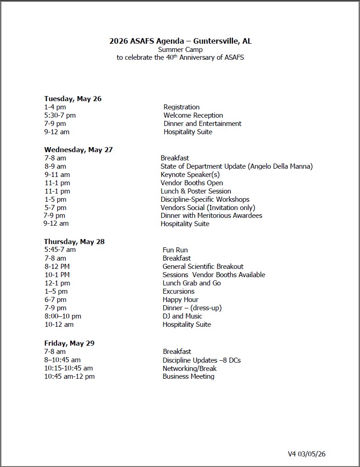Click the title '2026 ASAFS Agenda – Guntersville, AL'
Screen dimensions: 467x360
point(180,41)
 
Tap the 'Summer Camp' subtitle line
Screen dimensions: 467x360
point(180,50)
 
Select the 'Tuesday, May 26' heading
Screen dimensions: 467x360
point(73,98)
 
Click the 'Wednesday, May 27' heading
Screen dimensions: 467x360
point(78,149)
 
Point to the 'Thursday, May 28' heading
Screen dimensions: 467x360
point(74,241)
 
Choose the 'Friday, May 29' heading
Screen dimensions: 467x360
point(69,343)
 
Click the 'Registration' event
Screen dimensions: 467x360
point(181,107)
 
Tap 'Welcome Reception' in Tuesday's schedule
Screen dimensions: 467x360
point(193,115)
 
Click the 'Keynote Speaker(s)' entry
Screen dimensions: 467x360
point(190,175)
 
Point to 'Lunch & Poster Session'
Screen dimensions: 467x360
point(196,191)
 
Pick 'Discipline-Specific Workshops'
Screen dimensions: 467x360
point(205,199)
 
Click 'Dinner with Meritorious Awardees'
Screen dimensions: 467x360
point(211,216)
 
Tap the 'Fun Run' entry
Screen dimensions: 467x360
point(175,250)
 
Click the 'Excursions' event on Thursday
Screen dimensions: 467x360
point(178,291)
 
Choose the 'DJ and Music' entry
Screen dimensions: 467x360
point(182,316)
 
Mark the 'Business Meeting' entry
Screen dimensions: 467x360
point(188,376)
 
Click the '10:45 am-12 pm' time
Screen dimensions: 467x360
point(69,376)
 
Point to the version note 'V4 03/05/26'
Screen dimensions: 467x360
point(306,454)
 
